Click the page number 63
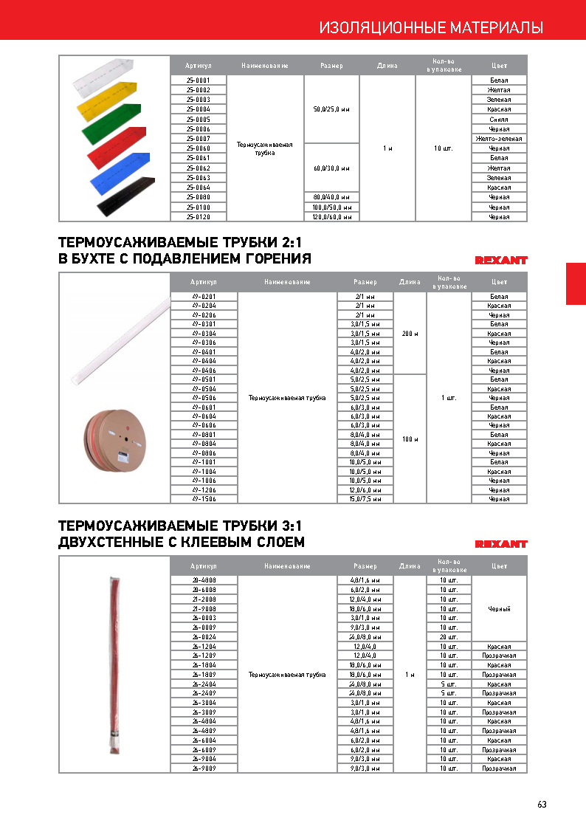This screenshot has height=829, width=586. pos(542,805)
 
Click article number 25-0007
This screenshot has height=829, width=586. pos(198,139)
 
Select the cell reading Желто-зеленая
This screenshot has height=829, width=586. pos(499,139)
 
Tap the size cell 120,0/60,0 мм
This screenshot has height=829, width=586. pos(331,217)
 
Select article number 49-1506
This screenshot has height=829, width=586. pos(203,499)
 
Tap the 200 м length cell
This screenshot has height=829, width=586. pos(410,334)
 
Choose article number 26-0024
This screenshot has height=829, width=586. pos(203,636)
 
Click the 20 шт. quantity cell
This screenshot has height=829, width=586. pos(449,636)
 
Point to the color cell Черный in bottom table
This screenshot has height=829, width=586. pos(499,609)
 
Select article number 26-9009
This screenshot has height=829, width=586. pos(203,768)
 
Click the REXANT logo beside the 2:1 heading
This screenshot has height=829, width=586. pos(500,260)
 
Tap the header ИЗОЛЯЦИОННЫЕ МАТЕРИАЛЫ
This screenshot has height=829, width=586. pos(431,28)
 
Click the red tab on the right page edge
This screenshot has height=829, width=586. pos(576,283)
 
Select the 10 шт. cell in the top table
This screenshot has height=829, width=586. pos(443,148)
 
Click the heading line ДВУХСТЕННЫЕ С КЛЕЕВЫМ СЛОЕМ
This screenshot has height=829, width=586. pos(181,543)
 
